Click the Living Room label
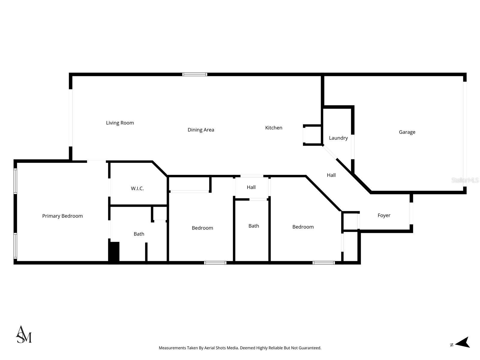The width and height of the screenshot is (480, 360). [x=120, y=123]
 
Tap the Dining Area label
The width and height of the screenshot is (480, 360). [x=201, y=130]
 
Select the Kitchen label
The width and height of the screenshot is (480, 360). [x=274, y=127]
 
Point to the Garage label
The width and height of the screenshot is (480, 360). [x=407, y=132]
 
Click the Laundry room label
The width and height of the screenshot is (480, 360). [x=338, y=138]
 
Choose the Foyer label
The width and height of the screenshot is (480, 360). [x=384, y=215]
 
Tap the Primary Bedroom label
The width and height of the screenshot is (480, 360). [x=62, y=216]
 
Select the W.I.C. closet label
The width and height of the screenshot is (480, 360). [x=137, y=188]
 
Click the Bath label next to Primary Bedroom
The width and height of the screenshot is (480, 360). [x=139, y=234]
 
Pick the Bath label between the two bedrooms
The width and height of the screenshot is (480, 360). [x=253, y=226]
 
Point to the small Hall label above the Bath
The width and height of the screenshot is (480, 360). [x=251, y=187]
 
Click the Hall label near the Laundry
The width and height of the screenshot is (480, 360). [x=331, y=175]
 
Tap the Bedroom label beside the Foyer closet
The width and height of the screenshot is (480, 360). [x=303, y=227]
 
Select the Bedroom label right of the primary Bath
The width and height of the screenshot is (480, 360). [x=202, y=228]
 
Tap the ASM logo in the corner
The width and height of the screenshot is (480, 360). [x=24, y=334]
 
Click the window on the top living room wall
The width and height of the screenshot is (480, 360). [x=195, y=74]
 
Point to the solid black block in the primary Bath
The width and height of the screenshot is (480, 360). [x=114, y=252]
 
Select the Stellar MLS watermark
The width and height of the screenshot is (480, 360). [x=465, y=180]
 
